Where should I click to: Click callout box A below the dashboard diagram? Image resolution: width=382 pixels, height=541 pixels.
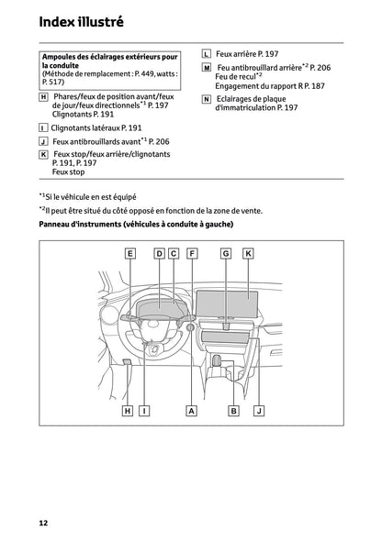(x=192, y=412)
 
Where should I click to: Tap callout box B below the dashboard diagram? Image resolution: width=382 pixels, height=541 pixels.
(x=234, y=412)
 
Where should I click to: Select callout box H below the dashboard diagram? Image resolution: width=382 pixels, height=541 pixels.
(x=127, y=412)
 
